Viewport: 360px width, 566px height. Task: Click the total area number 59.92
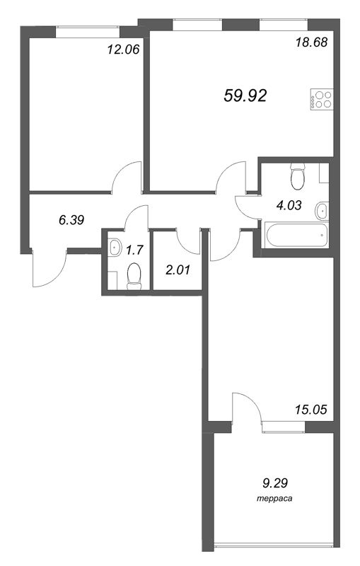coord(245,96)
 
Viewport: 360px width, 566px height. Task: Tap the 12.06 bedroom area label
coord(123,49)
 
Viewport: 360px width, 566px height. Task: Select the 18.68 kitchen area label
coord(311,42)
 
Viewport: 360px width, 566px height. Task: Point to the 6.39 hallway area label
coord(71,219)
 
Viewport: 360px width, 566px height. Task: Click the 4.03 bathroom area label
coord(289,205)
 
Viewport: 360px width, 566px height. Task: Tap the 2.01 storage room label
coord(178,270)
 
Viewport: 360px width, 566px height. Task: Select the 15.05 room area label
coord(311,410)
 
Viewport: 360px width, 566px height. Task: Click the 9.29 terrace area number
coord(274,483)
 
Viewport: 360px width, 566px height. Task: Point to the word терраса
coord(274,499)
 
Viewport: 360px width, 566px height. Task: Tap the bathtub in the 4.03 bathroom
coord(296,236)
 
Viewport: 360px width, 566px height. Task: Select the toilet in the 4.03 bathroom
coord(298,176)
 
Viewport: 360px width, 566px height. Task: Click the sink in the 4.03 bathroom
coord(321,211)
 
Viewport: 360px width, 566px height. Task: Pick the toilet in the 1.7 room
coord(134,276)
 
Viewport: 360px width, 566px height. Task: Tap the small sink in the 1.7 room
coord(115,248)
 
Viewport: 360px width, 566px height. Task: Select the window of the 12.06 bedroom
coord(87,32)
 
